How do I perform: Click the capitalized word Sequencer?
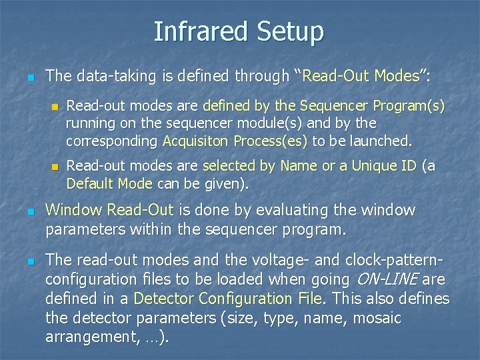click(x=335, y=106)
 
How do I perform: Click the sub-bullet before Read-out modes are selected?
click(x=55, y=167)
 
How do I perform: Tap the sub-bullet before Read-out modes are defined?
click(x=55, y=107)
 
